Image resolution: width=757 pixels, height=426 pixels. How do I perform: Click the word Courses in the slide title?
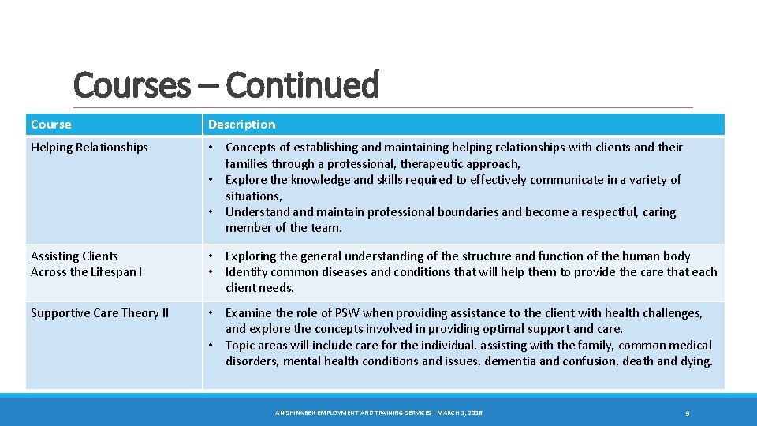(x=131, y=85)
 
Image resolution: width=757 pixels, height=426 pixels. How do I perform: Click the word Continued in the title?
(x=302, y=85)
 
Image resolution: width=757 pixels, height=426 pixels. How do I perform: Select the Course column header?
(x=50, y=125)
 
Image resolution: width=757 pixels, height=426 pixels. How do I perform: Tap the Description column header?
(x=241, y=125)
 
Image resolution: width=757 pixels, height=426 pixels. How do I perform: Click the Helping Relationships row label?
(x=89, y=148)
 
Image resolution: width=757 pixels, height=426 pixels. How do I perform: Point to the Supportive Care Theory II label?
(x=99, y=313)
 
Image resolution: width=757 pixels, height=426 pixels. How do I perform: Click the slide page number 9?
(x=688, y=413)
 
